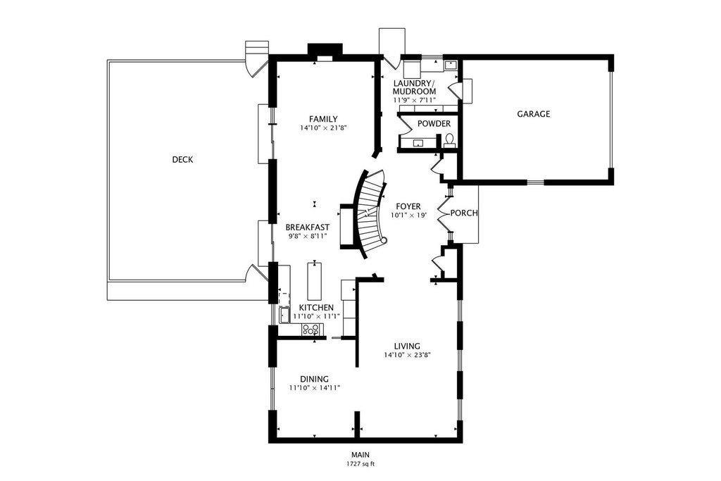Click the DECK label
tap(182, 160)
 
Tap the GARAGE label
tap(534, 114)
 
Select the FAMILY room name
tap(323, 119)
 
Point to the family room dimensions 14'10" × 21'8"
tap(323, 128)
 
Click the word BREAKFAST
tap(308, 227)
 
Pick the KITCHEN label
tap(316, 308)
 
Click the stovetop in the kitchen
tap(311, 330)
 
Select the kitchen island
tap(315, 281)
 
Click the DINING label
tap(315, 380)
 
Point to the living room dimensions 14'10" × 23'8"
tap(407, 355)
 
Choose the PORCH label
tap(464, 213)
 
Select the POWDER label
tap(434, 124)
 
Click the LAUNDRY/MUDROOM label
tap(414, 87)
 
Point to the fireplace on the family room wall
tap(325, 52)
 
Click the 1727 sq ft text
tap(360, 464)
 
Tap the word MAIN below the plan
tap(360, 455)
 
